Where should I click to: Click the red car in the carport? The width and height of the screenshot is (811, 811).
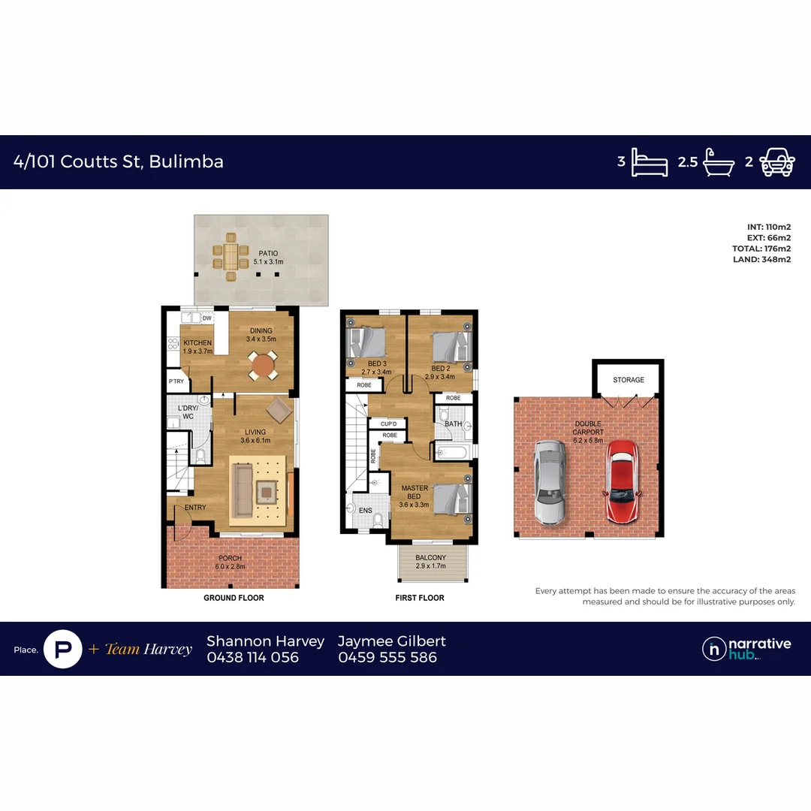click(622, 481)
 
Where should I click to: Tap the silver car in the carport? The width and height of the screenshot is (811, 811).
click(550, 481)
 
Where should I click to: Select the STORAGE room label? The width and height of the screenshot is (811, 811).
click(629, 380)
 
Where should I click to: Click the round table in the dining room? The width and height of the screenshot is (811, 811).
click(263, 366)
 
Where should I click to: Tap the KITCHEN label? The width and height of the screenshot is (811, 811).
click(198, 343)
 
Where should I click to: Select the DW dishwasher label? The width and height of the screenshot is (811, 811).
click(207, 318)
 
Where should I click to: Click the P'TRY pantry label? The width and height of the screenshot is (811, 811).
click(176, 381)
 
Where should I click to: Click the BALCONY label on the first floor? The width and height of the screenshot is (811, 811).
click(431, 558)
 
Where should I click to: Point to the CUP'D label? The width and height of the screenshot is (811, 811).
click(389, 424)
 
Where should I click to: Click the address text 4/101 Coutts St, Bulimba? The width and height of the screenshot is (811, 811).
click(119, 161)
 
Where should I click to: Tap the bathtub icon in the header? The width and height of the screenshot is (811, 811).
click(719, 161)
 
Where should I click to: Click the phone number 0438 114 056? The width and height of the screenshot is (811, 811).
click(252, 657)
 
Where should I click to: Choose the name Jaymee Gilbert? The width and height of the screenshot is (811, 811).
click(392, 641)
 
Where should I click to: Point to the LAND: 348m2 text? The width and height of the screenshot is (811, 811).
click(761, 260)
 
